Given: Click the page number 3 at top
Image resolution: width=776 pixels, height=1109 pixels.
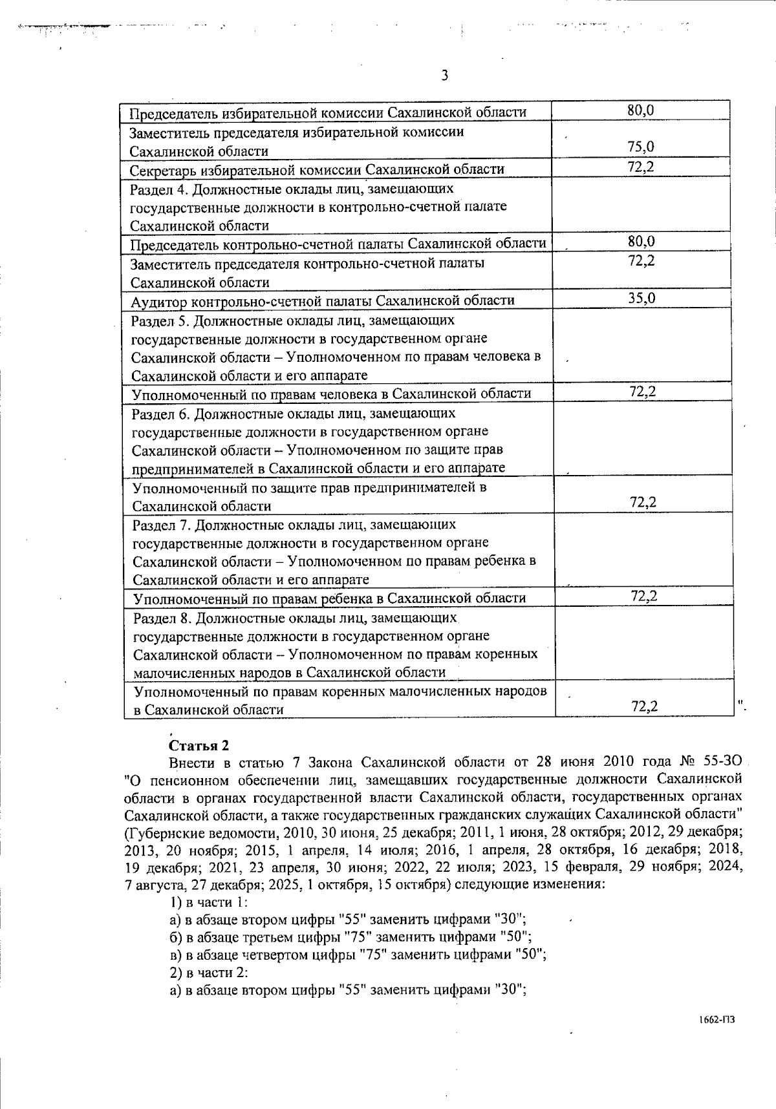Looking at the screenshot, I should click(x=444, y=76).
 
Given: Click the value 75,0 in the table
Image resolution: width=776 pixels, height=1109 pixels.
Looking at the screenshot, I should click(x=641, y=147).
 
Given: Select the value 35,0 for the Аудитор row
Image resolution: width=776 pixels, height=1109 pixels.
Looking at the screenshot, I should click(x=641, y=299).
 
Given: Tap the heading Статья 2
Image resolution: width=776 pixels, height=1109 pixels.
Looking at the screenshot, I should click(x=199, y=745).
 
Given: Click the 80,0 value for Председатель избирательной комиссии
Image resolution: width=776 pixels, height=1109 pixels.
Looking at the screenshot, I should click(x=641, y=111).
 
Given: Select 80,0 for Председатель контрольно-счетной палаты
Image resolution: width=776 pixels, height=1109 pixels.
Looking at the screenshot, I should click(x=641, y=242).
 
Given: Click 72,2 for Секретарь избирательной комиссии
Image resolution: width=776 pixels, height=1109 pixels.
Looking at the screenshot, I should click(x=641, y=167).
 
